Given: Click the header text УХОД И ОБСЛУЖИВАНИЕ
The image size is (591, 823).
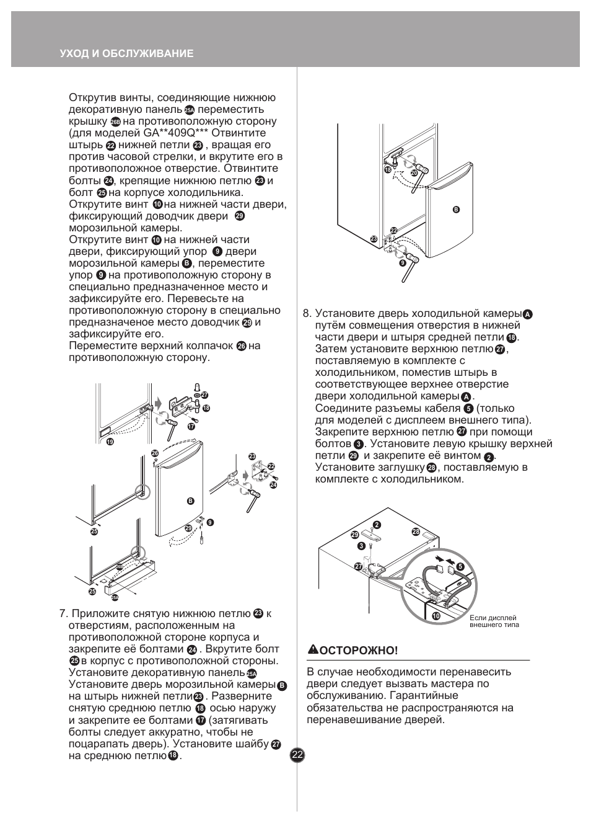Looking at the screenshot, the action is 126,53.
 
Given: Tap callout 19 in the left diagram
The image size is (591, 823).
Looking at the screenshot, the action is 110,442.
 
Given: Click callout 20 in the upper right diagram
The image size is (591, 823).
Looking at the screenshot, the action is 414,172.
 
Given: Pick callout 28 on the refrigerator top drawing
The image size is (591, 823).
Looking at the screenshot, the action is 416,532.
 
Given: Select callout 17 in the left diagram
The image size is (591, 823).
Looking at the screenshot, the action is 191,427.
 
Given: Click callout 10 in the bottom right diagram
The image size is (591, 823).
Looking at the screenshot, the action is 436,616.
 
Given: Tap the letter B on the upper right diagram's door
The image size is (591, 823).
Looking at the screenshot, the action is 456,210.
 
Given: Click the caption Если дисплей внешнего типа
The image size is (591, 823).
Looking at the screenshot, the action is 494,621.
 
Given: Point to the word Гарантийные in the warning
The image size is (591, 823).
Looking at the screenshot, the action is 424,695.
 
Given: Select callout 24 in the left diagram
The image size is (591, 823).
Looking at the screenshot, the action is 273,485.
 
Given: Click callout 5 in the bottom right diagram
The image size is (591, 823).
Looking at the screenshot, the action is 460,566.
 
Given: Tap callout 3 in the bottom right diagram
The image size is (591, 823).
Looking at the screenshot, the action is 361,546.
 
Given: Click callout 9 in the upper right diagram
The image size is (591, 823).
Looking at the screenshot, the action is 403,263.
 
